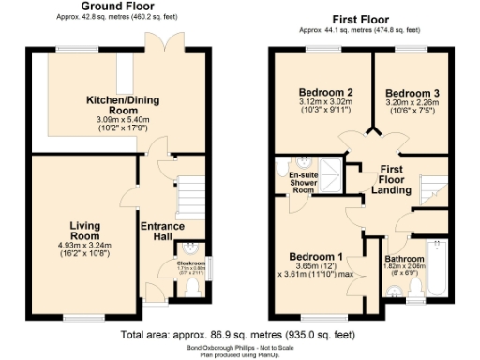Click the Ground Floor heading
118,19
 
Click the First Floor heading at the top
363,19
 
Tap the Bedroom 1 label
314,256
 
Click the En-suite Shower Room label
302,182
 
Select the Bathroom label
406,258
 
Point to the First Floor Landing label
392,179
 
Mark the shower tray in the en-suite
285,167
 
